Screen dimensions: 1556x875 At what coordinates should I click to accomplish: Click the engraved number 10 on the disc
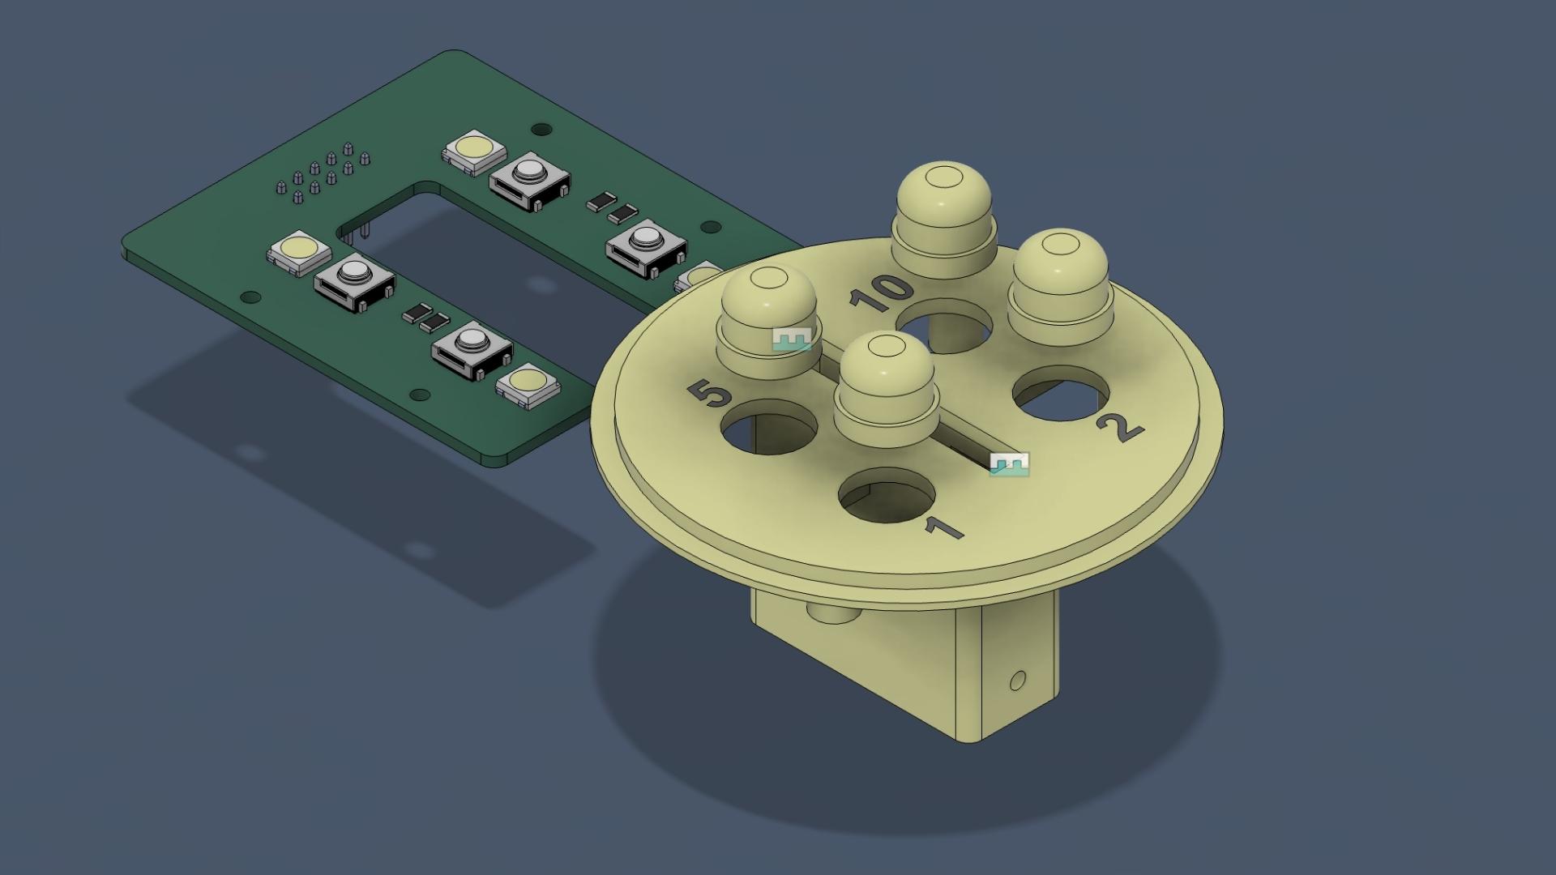(881, 294)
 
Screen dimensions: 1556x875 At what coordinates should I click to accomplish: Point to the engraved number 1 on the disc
(943, 528)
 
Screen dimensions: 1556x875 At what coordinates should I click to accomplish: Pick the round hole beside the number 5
(770, 426)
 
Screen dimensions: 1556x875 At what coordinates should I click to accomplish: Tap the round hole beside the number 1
(887, 496)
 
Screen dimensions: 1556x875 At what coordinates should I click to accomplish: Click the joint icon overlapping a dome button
(791, 339)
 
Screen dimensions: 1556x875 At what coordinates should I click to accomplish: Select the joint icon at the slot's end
(1009, 464)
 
